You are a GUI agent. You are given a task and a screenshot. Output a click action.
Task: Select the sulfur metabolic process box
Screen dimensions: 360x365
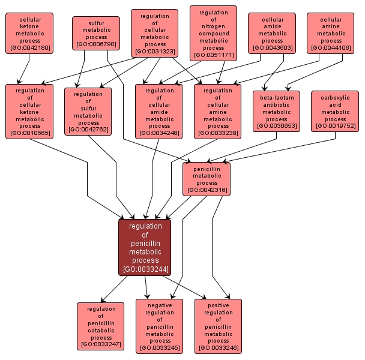pos(96,32)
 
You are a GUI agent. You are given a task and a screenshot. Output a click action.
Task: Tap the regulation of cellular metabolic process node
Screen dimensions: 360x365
pos(154,32)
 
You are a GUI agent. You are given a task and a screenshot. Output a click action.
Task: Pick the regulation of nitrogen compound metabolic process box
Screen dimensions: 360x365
pos(213,34)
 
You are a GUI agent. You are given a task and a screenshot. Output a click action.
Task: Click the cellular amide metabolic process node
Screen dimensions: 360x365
pos(272,34)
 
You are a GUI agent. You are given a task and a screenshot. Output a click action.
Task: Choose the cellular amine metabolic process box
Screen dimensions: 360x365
pos(331,34)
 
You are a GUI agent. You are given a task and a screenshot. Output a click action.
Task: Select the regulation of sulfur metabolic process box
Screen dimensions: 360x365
pos(88,111)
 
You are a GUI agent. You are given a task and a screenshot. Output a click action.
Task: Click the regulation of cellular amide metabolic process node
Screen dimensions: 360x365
pos(159,111)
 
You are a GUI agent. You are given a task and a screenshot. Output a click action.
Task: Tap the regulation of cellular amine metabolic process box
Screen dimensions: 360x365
pos(218,111)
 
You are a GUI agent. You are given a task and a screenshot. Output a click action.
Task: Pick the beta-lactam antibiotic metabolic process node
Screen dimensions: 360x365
pos(277,110)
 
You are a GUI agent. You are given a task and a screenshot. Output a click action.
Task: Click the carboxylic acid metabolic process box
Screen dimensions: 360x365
pos(335,110)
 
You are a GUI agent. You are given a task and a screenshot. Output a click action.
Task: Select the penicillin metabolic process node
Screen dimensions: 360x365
pos(207,179)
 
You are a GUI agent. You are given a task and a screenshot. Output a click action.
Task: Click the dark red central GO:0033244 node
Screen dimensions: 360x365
pos(145,247)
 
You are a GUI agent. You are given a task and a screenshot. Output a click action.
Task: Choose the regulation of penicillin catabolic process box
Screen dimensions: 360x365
pos(101,326)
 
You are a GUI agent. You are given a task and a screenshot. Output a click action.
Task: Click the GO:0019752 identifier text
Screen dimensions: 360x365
pos(335,126)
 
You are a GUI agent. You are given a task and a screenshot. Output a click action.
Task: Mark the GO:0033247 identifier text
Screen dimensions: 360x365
pos(101,345)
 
